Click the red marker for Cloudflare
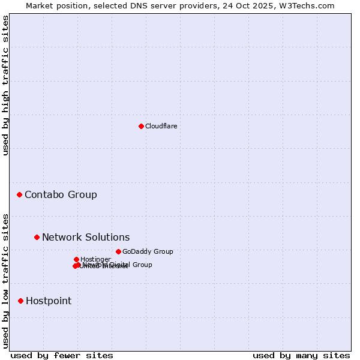[x=141, y=126]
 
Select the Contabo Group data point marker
[x=20, y=195]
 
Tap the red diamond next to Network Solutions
[x=37, y=237]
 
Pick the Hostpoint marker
[x=20, y=301]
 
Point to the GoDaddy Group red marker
[x=118, y=251]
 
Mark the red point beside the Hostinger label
[x=76, y=259]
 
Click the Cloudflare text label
[x=161, y=126]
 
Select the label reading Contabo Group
[x=61, y=195]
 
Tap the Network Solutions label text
[x=86, y=237]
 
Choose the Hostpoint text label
[x=49, y=301]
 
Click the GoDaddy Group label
[x=148, y=251]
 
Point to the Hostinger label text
[x=95, y=259]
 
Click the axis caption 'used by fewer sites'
[x=62, y=355]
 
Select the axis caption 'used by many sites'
[x=301, y=355]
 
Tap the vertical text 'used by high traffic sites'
[x=5, y=85]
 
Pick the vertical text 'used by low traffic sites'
[x=5, y=281]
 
